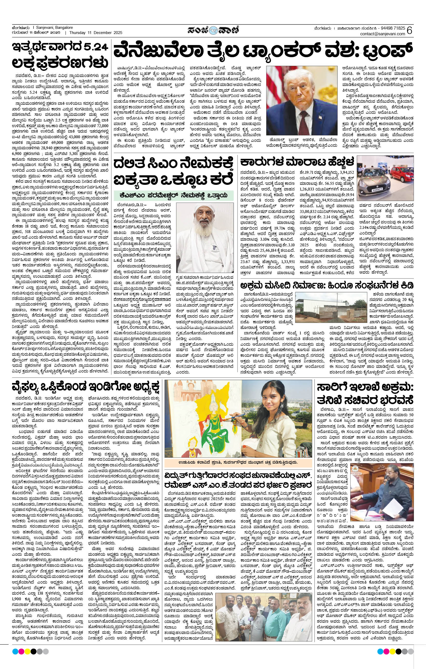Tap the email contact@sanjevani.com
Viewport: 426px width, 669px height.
click(382, 34)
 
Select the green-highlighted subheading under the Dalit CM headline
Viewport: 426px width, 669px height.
click(173, 195)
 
